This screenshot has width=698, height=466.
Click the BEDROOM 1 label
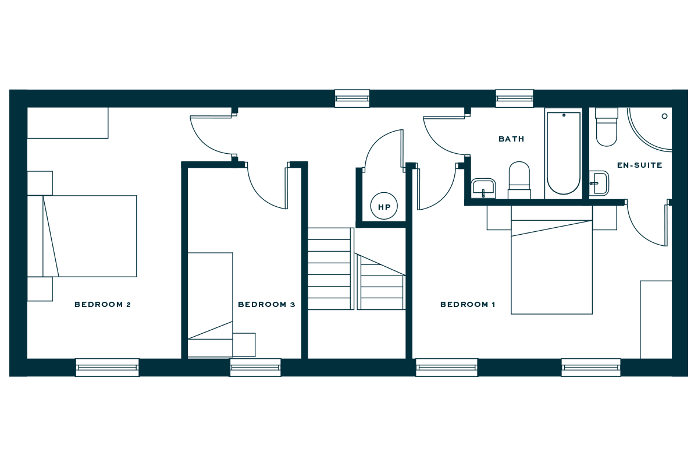tap(467, 305)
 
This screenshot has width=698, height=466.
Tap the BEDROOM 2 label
tap(102, 305)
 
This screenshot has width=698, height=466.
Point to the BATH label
tap(511, 139)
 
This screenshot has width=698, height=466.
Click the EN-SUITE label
tap(639, 165)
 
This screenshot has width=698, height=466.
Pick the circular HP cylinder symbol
tap(384, 206)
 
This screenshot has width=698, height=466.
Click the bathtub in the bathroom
tap(564, 153)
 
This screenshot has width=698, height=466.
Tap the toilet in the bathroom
tap(519, 179)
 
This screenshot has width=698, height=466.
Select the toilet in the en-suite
tap(607, 127)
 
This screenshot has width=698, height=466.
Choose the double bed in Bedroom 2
tap(90, 236)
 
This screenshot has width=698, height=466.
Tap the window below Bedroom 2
tap(108, 367)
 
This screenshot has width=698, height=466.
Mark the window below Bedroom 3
tap(255, 367)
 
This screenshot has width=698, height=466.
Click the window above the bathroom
tap(514, 98)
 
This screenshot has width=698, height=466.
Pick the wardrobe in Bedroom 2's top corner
tap(68, 123)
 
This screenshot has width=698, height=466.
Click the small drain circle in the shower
tap(664, 116)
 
